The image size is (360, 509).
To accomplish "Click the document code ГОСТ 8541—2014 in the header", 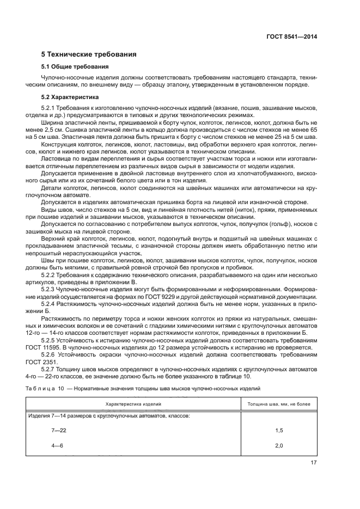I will [292, 37].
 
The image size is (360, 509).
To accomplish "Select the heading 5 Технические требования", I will [89, 54].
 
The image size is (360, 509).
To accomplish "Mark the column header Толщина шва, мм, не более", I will [279, 404].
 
